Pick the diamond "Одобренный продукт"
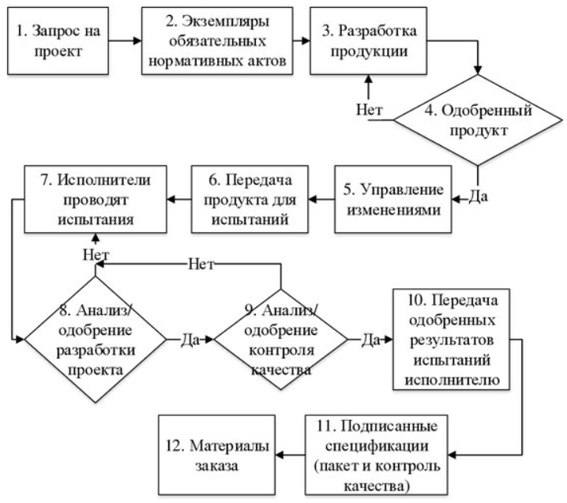pos(479,120)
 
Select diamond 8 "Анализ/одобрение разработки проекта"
pos(96,339)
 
